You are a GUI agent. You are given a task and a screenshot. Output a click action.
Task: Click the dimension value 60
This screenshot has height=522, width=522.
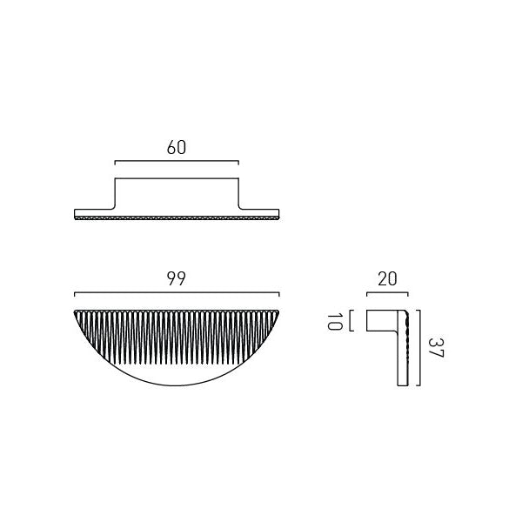177,148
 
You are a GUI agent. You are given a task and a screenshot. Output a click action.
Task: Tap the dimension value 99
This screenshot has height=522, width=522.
177,278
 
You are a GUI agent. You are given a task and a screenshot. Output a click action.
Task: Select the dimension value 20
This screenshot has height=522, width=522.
387,279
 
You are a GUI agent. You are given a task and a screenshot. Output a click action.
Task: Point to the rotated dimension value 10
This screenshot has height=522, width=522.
335,321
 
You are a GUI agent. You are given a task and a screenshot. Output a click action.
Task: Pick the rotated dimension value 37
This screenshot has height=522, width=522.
436,348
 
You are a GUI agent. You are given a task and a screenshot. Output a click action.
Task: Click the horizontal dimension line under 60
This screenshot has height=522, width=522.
177,162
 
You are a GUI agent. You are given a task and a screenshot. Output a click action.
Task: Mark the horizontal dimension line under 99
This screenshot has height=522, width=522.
177,293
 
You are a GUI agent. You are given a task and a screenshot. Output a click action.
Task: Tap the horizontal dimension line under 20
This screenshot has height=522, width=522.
387,293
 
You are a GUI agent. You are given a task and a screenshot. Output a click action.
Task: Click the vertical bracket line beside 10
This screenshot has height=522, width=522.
351,320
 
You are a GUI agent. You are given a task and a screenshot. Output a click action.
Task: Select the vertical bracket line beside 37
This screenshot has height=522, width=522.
420,348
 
